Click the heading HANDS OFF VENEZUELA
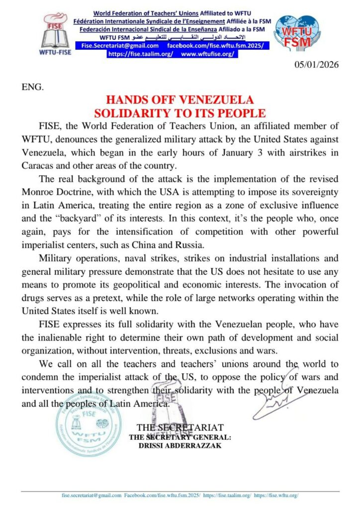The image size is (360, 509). click(x=180, y=100)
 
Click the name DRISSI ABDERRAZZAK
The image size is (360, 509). click(x=180, y=445)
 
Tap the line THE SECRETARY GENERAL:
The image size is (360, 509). click(x=180, y=437)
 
